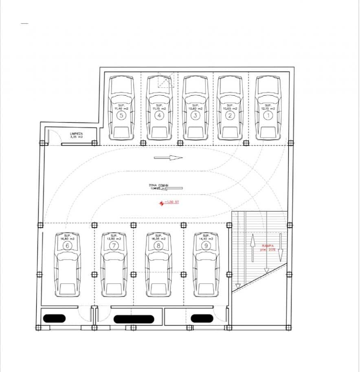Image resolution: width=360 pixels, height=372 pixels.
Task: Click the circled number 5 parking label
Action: (121, 116)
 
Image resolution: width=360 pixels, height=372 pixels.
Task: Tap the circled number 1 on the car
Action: (268, 116)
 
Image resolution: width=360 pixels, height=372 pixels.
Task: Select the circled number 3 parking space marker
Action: (195, 116)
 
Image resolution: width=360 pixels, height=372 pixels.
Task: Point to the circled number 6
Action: (68, 245)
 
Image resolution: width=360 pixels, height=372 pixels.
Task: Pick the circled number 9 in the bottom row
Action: (206, 245)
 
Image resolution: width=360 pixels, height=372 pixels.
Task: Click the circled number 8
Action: (158, 245)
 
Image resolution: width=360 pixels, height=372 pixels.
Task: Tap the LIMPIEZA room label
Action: (76, 135)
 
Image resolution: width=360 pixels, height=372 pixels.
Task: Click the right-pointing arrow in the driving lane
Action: (168, 158)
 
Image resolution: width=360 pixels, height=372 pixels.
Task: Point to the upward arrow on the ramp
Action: (252, 245)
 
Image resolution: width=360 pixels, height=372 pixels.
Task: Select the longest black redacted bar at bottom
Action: (134, 319)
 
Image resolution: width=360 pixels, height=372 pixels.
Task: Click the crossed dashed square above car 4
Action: (166, 81)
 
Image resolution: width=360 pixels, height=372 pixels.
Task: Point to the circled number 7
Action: (114, 245)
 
